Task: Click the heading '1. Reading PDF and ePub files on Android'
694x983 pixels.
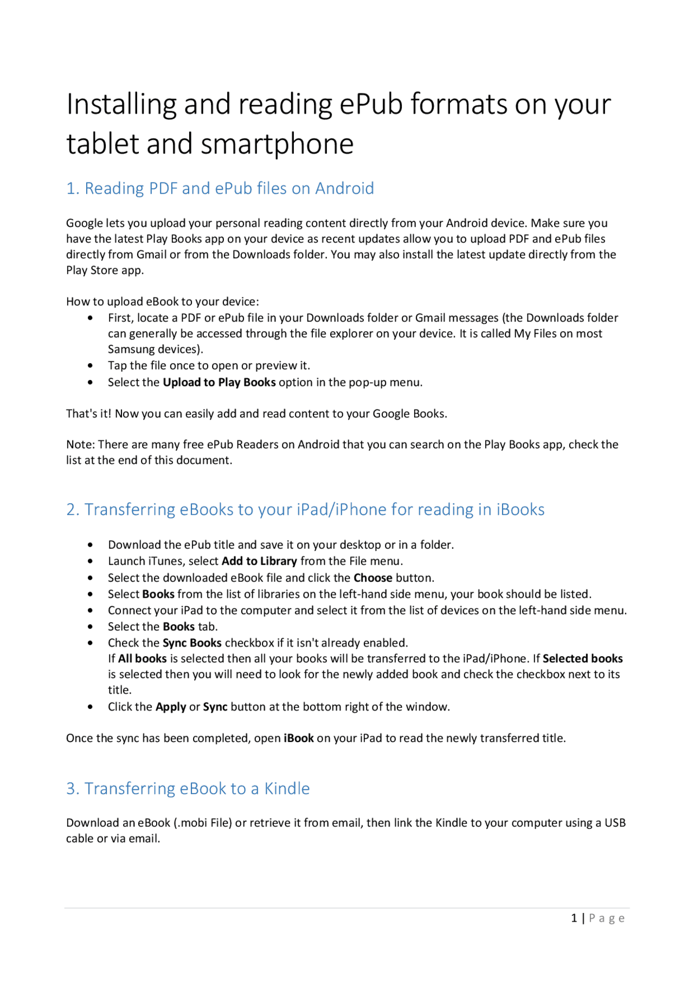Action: tap(220, 188)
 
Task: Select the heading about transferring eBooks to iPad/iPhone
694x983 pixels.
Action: tap(305, 510)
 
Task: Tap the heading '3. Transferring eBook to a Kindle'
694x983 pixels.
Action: tap(188, 789)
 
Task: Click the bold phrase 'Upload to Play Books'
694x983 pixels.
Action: tap(219, 383)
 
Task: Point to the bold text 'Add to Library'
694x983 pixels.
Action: tap(259, 561)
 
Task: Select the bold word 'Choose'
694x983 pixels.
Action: tap(373, 578)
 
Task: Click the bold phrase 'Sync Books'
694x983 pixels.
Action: tap(192, 643)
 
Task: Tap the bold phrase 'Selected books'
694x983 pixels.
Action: tap(582, 659)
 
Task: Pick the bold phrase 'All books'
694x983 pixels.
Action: tap(142, 659)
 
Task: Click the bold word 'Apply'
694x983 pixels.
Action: tap(171, 707)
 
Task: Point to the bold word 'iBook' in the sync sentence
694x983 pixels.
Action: tap(299, 739)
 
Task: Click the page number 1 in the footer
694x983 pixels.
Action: tap(574, 918)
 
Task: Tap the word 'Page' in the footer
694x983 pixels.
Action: tap(607, 918)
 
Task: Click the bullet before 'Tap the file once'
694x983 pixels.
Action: tap(90, 366)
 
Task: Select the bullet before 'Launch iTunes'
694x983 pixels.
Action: tap(90, 562)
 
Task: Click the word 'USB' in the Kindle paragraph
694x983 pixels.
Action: tap(615, 823)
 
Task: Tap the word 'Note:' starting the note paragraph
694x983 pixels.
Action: tap(80, 445)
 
